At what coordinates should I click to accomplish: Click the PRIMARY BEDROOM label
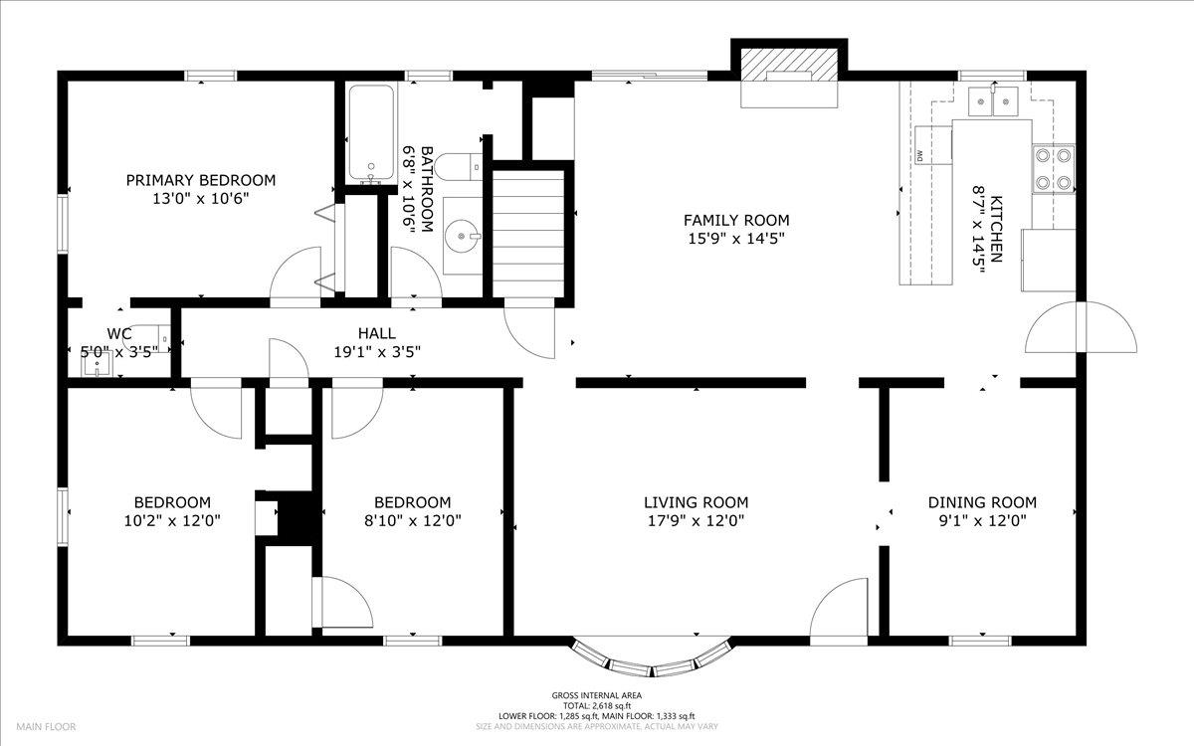[x=201, y=180]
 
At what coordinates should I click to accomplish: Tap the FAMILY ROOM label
[x=736, y=220]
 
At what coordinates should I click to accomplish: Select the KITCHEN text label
[x=995, y=229]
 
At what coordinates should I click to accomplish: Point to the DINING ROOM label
[x=982, y=502]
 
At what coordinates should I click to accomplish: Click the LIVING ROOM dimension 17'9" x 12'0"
[x=696, y=520]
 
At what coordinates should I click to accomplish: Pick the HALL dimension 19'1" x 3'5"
[x=377, y=352]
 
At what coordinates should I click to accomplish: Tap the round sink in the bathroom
[x=462, y=236]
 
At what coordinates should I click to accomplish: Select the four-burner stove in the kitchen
[x=1054, y=169]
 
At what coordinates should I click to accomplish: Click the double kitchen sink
[x=993, y=100]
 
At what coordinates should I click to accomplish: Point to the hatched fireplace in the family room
[x=789, y=66]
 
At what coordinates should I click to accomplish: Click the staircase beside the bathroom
[x=528, y=233]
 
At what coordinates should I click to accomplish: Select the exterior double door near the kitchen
[x=1081, y=327]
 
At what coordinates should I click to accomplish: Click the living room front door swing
[x=839, y=612]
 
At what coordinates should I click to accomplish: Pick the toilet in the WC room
[x=148, y=338]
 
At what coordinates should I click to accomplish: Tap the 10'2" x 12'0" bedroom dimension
[x=172, y=520]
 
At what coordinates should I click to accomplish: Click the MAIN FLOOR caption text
[x=46, y=726]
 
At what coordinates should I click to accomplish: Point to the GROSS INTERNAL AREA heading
[x=596, y=695]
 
